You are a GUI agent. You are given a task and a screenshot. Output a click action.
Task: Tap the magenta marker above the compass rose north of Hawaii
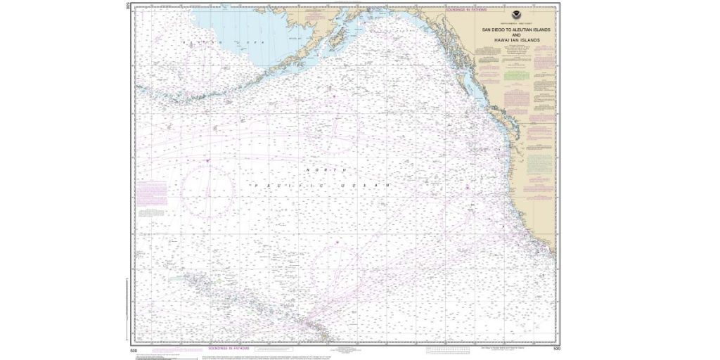click(x=337, y=243)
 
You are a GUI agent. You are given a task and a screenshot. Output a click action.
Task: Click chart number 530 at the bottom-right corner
click(x=556, y=348)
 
